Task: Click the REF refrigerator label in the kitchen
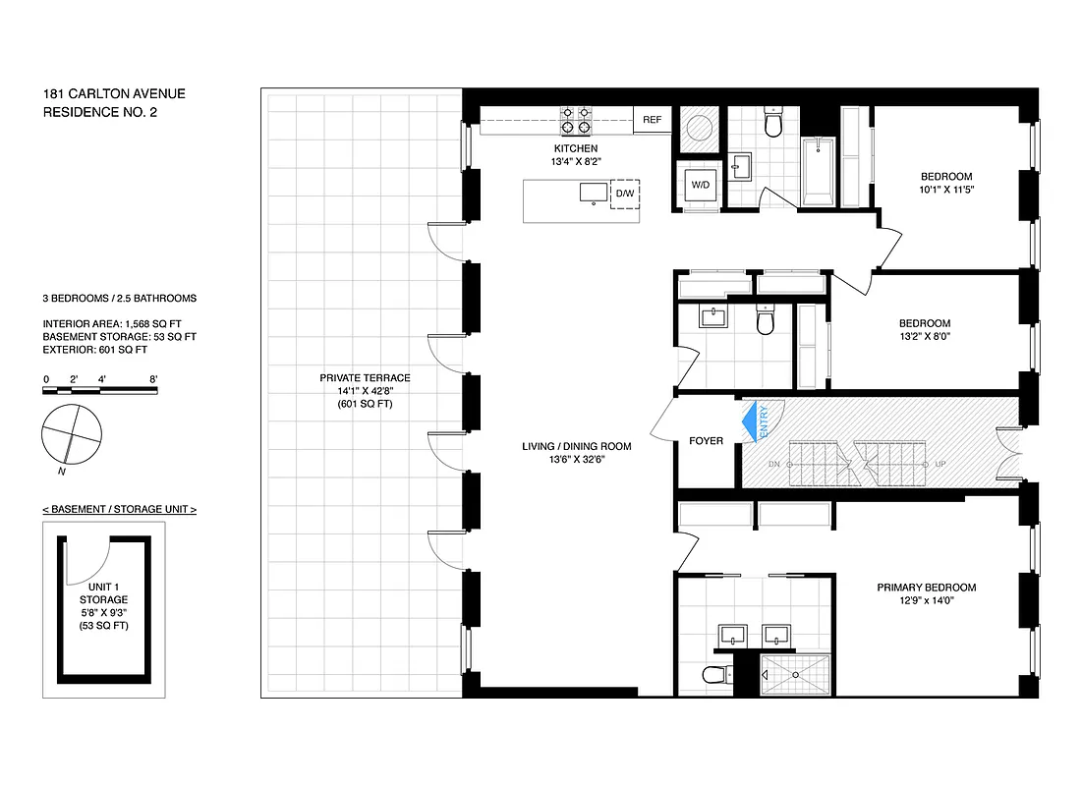(653, 120)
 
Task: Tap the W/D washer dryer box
(700, 185)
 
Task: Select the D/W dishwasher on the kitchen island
(625, 194)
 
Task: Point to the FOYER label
(706, 441)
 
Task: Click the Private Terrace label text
(365, 378)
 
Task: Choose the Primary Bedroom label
(927, 588)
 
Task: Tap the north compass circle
(72, 433)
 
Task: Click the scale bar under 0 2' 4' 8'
(99, 391)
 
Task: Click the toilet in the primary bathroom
(715, 674)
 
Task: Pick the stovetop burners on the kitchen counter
(575, 120)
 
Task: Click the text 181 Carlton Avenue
(114, 94)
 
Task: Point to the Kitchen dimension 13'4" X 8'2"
(575, 161)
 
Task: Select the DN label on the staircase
(773, 463)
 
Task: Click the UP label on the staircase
(940, 463)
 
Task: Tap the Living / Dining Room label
(576, 446)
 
